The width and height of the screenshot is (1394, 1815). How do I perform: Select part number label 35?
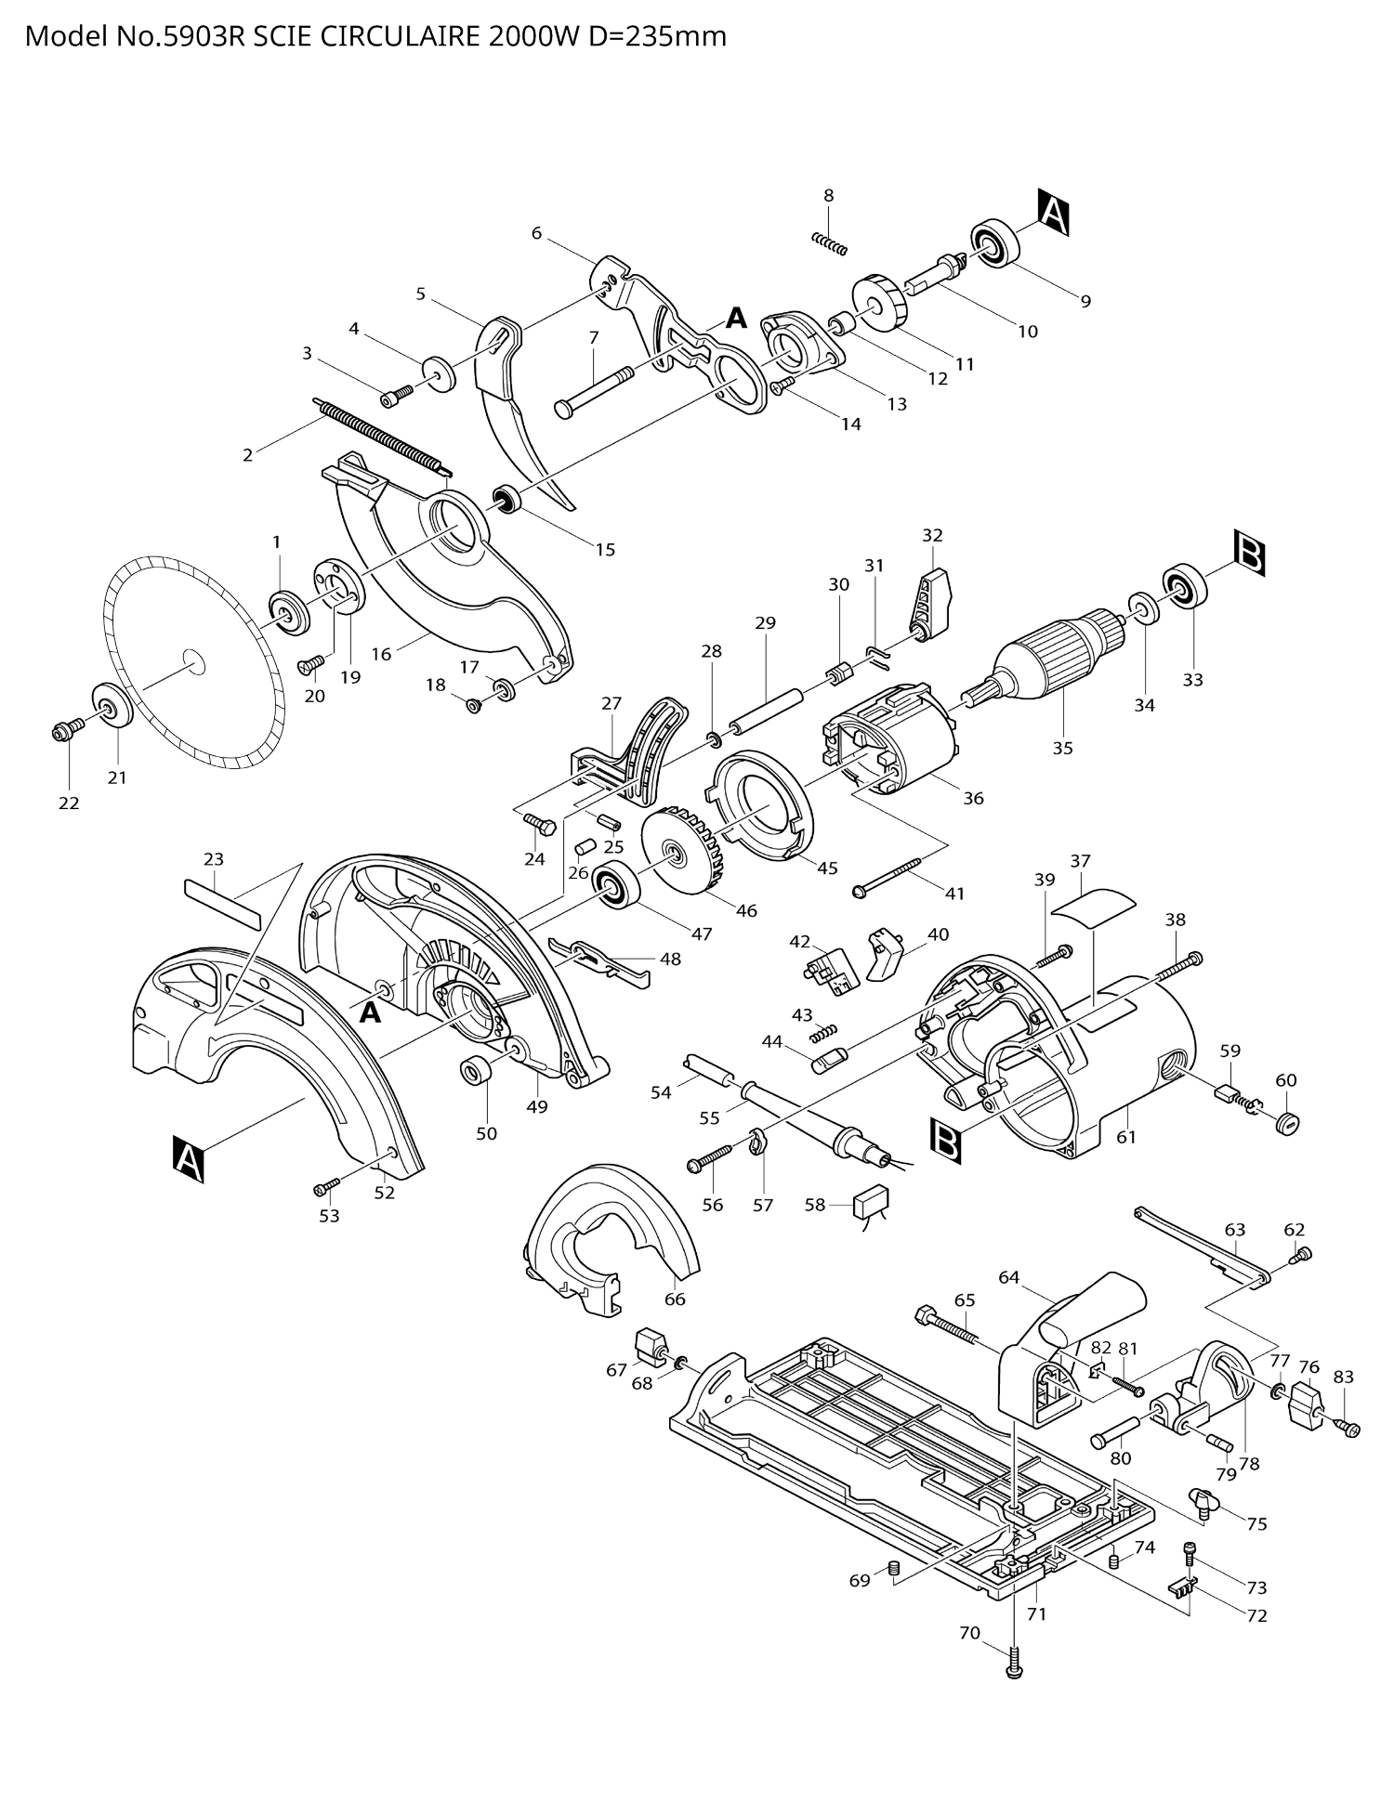(x=1062, y=748)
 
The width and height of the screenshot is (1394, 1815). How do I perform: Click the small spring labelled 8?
(x=830, y=242)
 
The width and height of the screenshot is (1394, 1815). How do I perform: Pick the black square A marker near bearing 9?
(x=1053, y=213)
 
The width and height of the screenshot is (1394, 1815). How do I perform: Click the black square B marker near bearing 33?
(x=1250, y=554)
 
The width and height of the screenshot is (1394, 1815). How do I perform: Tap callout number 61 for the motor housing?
(x=1126, y=1136)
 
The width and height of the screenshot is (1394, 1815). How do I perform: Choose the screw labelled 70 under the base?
(x=1013, y=1660)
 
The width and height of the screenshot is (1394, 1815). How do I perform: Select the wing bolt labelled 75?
(x=1203, y=1499)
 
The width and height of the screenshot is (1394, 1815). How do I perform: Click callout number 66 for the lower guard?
(x=675, y=1299)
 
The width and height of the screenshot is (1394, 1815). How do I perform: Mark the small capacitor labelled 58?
(x=872, y=1203)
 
